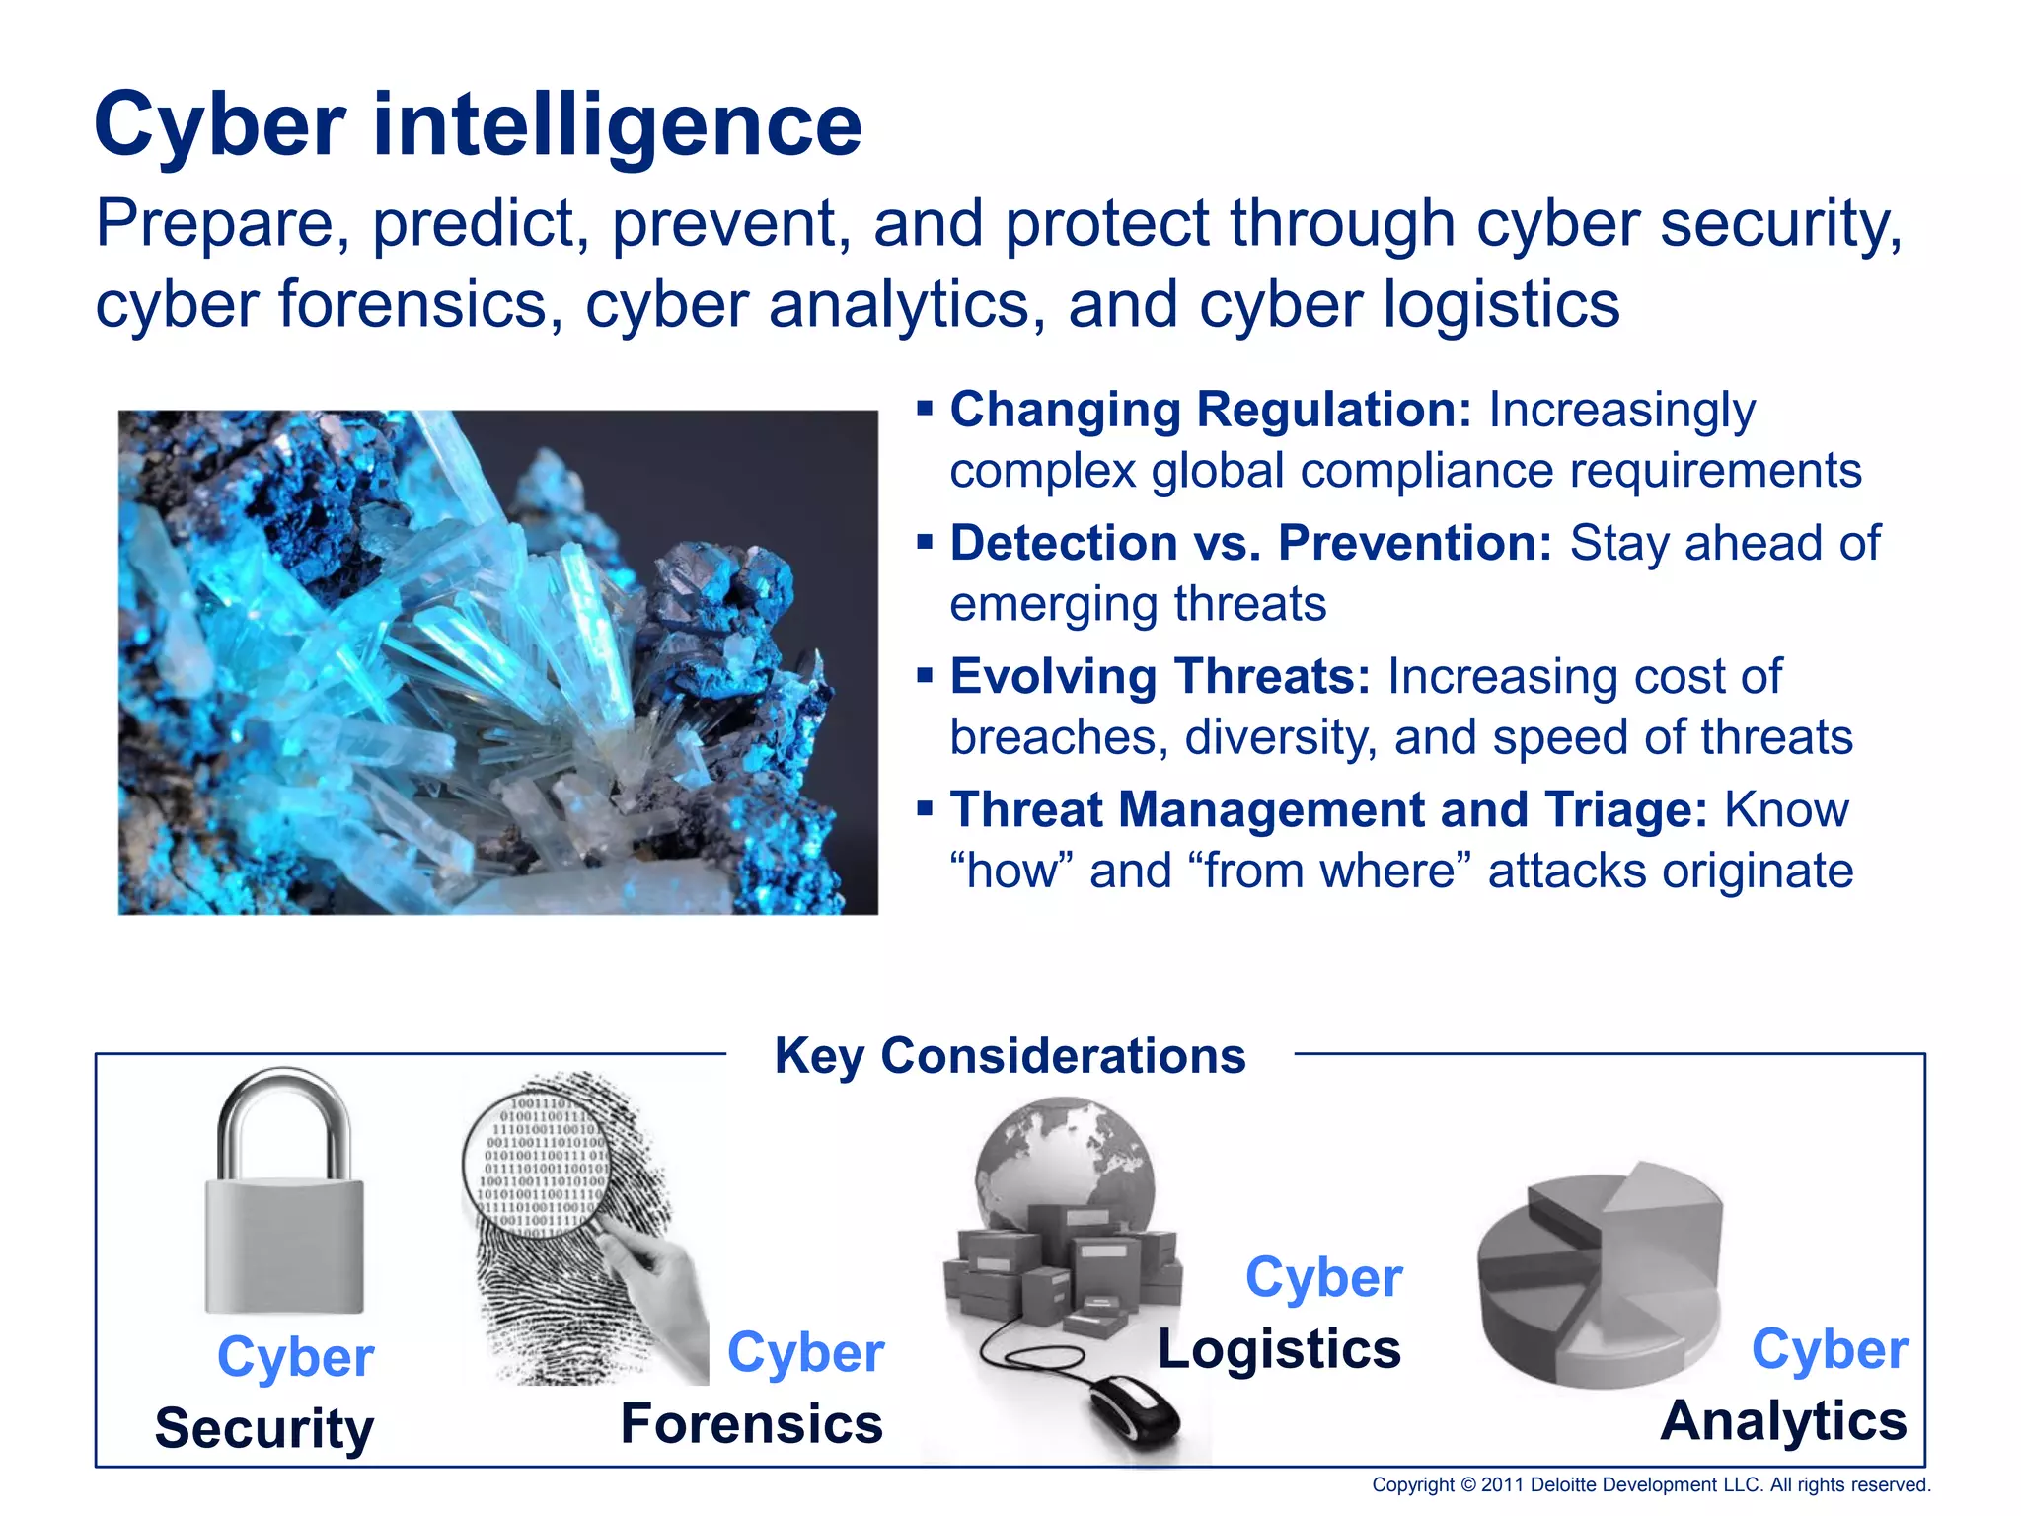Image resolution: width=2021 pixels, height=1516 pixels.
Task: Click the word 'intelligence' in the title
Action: point(617,126)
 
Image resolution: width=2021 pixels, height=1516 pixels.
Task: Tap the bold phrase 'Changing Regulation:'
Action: point(1211,410)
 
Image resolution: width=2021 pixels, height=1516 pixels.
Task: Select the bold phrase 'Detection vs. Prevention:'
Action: point(1250,543)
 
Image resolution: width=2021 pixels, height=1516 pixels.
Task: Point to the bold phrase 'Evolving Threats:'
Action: point(1160,677)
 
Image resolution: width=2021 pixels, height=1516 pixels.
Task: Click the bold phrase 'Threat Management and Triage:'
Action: point(1328,810)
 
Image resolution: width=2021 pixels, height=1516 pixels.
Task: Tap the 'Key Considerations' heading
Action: point(1010,1055)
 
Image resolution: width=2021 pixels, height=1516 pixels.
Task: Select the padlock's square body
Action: point(284,1246)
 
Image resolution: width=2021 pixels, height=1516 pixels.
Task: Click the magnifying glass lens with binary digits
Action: point(538,1165)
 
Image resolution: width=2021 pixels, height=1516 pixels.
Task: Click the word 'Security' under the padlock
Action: point(264,1428)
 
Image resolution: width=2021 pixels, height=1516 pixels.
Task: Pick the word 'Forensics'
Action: point(751,1424)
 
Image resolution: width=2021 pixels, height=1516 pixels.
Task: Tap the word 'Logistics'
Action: point(1279,1349)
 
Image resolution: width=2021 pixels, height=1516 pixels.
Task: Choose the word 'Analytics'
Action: point(1783,1421)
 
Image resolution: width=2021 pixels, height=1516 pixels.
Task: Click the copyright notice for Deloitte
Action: point(1650,1485)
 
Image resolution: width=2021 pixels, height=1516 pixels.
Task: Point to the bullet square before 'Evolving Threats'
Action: point(925,676)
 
